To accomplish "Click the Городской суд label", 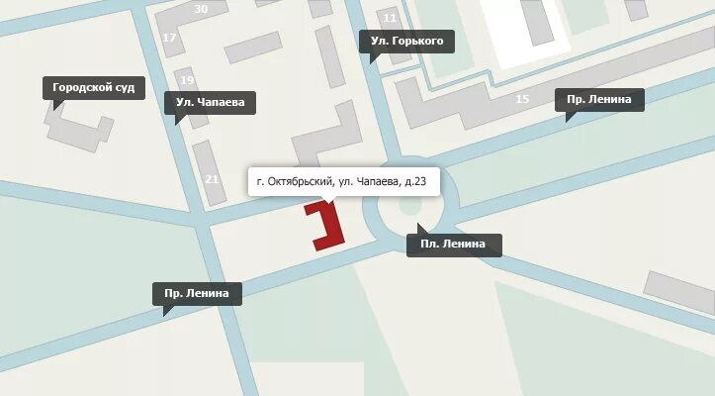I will coord(93,88).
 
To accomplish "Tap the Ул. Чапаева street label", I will coord(211,102).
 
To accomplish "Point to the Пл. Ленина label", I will coord(454,245).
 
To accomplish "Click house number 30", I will coord(202,9).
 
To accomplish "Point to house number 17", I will coord(169,39).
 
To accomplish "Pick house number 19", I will coord(187,80).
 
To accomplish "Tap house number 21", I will coord(211,179).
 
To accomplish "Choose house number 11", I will coord(390,18).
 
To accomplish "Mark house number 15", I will coord(522,99).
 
